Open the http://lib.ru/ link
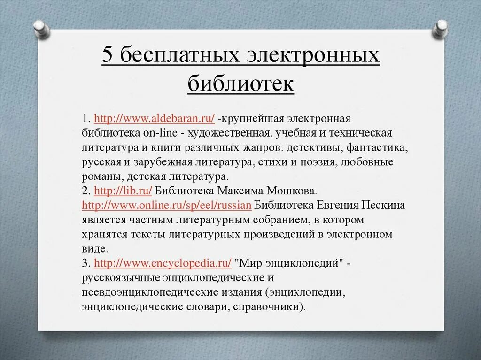[x=123, y=191]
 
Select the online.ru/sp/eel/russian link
[x=167, y=205]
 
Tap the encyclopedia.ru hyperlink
[x=163, y=263]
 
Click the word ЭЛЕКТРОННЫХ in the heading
[x=312, y=56]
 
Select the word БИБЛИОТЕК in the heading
[x=240, y=85]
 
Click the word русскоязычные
[x=121, y=278]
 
